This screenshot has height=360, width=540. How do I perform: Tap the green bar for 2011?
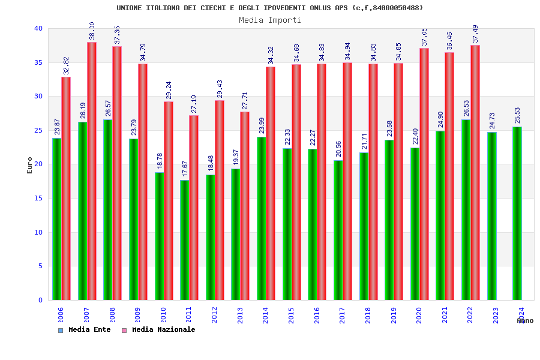(185, 240)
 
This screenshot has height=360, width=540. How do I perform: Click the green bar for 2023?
(492, 216)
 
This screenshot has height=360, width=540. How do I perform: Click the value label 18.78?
(160, 160)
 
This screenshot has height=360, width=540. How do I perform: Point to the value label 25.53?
(518, 115)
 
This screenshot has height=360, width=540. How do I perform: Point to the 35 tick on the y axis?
(38, 62)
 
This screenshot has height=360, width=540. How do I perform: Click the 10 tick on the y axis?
(38, 232)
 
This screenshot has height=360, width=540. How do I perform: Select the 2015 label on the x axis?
(292, 316)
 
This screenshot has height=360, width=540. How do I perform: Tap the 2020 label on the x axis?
(419, 316)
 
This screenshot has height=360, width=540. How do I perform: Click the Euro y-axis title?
(30, 165)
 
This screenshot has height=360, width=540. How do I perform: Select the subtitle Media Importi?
(270, 20)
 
